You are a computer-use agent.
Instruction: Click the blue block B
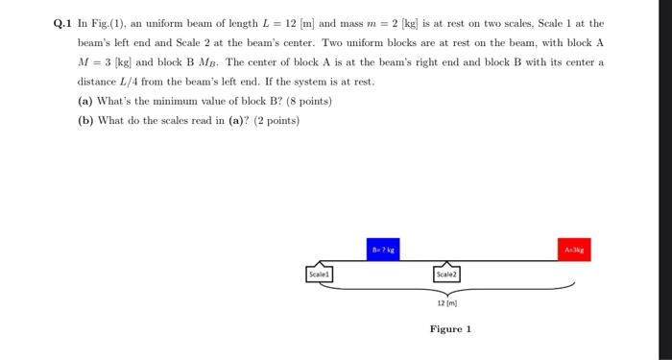pyautogui.click(x=382, y=249)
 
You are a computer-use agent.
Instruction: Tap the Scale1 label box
pyautogui.click(x=320, y=274)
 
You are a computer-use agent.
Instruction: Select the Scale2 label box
pyautogui.click(x=447, y=274)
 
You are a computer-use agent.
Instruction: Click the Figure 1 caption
pyautogui.click(x=450, y=329)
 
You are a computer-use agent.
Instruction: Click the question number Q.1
pyautogui.click(x=64, y=23)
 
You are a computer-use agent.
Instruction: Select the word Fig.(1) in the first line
pyautogui.click(x=112, y=23)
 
